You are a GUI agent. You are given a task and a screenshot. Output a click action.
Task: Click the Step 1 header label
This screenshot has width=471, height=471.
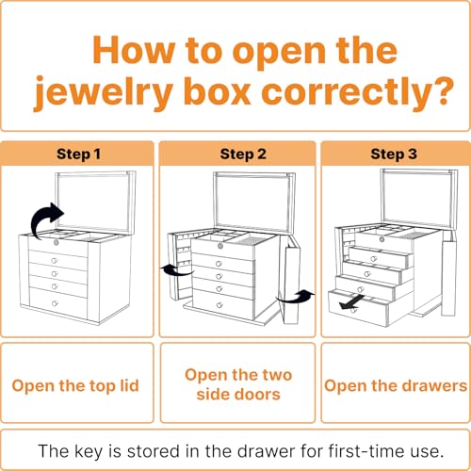coord(78,154)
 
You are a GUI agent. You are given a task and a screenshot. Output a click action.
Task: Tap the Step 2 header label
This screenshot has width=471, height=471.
coord(243,154)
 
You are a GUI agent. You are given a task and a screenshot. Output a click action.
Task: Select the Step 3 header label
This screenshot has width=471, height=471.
coord(394,154)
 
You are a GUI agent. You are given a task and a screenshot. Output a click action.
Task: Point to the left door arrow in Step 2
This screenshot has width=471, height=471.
coord(176,270)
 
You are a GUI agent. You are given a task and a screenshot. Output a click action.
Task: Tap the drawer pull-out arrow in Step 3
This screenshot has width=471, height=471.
coord(351,302)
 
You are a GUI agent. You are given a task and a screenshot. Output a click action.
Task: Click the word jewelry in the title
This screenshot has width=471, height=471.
coord(104,92)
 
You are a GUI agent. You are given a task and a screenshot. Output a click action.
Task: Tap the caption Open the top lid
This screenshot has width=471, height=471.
coord(75,386)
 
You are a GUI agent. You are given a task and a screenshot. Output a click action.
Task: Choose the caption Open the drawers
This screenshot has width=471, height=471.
coord(396,386)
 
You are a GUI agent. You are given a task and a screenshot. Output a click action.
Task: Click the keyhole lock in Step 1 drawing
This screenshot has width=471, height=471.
coord(57,242)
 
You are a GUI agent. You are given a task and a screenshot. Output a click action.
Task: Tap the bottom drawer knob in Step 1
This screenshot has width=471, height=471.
coord(55,303)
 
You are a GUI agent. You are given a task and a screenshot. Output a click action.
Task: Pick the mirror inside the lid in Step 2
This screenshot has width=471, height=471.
coord(253,203)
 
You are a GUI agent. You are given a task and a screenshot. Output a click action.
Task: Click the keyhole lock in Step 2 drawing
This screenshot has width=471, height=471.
coord(220,246)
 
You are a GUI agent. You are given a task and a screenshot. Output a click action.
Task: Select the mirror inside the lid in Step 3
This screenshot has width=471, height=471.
coord(418,198)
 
